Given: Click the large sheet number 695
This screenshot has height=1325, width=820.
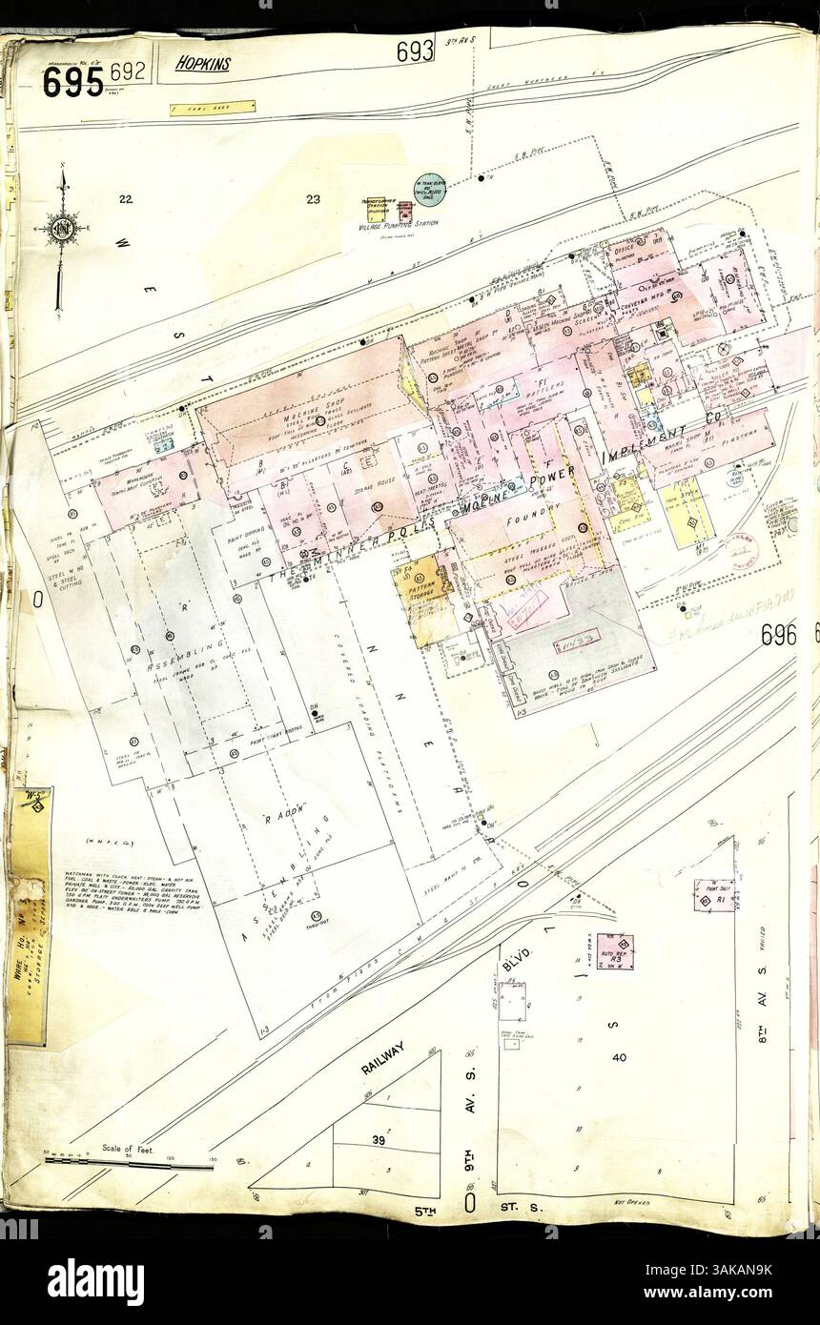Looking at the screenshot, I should coord(72,83).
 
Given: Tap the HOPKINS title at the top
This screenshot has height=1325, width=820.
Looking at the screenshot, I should coord(202,64).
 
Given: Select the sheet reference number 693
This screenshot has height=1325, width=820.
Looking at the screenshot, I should coord(416,51).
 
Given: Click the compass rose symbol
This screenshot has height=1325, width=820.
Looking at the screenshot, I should coord(61,230).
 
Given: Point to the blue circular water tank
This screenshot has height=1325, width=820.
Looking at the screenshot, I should coord(429,190).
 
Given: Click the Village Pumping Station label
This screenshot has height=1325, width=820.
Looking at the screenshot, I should coord(399,223).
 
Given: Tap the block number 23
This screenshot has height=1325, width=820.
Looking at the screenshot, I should coord(312,199).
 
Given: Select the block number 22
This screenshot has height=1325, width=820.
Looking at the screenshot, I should coord(125,199).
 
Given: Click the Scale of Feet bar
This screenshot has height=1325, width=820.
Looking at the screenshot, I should coord(129,1163).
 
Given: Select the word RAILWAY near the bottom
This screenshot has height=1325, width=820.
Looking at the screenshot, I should coord(383,1059).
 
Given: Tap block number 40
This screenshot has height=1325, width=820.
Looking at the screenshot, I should coord(619,1057).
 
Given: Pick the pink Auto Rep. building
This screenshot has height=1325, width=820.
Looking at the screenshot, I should coord(614,950).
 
